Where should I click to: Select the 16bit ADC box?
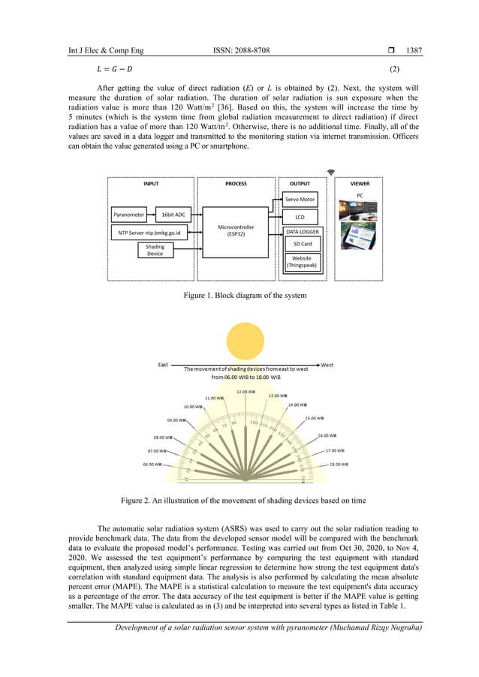[x=173, y=215]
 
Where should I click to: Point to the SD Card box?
[x=303, y=244]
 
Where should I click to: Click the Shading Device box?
[x=155, y=250]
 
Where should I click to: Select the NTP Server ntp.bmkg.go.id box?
[x=151, y=233]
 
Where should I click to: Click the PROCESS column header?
[x=236, y=183]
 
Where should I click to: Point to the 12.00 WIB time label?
[x=246, y=391]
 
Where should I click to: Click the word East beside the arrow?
[x=163, y=365]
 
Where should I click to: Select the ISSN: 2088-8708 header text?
[x=242, y=51]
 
